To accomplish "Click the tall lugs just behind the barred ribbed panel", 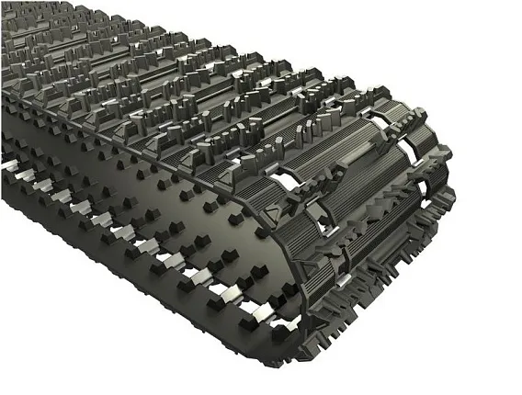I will [303, 129].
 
